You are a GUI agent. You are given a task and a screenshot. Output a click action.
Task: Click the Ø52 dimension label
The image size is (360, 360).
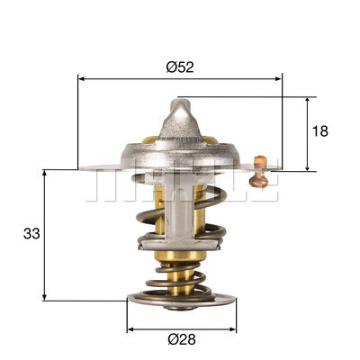pos(181,65)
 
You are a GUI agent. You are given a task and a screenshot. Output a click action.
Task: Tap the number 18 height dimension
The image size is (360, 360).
pos(319,131)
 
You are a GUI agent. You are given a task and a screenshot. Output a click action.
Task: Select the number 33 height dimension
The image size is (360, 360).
pos(31,234)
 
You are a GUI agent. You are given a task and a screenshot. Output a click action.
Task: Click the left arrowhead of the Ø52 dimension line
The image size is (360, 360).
pos(83,79)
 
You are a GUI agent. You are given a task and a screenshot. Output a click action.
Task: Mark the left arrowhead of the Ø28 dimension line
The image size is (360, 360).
pos(130,328)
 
